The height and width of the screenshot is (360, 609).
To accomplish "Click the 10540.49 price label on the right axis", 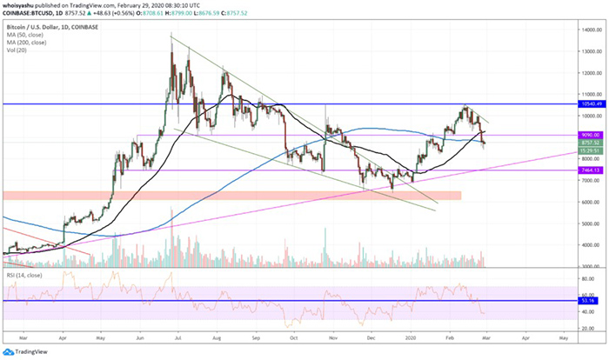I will click(588, 103).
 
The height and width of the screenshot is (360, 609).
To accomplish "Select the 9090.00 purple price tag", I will click(588, 135).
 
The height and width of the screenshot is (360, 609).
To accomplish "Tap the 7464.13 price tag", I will click(588, 171).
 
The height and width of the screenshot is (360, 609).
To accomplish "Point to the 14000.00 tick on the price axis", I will click(589, 30).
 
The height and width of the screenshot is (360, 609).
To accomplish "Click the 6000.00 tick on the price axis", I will click(589, 202).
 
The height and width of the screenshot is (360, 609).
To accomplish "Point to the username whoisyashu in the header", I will click(23, 4).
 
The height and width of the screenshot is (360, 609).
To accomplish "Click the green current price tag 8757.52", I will click(588, 143).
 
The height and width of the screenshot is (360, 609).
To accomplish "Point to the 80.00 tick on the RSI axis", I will click(589, 283).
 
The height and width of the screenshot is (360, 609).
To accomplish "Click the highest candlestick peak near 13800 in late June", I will click(171, 37).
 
